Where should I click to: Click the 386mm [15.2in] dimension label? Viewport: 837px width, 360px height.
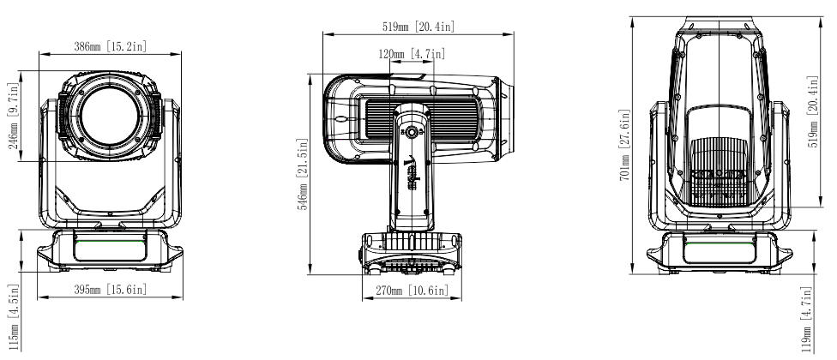(x=110, y=46)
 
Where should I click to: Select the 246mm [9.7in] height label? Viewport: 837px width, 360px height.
(x=14, y=116)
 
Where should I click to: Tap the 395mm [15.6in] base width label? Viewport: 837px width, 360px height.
(x=110, y=290)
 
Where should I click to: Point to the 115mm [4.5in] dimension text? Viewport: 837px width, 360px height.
(x=14, y=317)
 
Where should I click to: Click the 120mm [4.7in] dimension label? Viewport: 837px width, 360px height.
(x=412, y=54)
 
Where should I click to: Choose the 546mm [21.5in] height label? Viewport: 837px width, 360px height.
(x=304, y=174)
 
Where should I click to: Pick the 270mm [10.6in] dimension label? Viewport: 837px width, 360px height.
(x=412, y=290)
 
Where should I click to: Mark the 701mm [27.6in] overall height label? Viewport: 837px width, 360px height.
(x=624, y=145)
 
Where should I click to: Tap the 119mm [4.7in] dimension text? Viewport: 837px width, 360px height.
(x=806, y=320)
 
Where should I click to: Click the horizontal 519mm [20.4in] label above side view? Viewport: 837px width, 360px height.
(x=418, y=27)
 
